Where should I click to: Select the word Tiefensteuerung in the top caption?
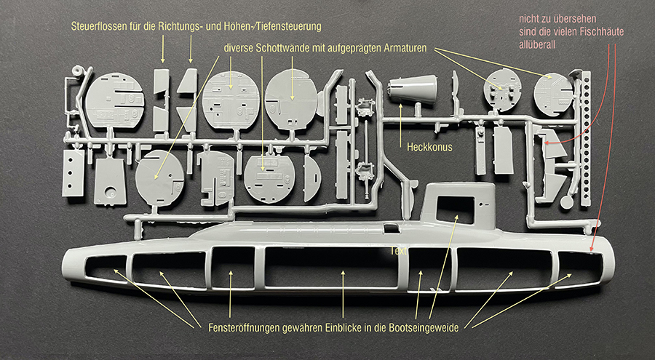[x=288, y=27]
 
